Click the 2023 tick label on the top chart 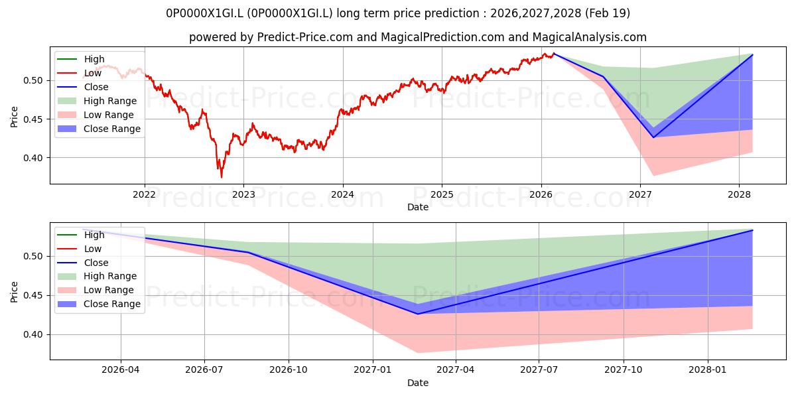coord(243,195)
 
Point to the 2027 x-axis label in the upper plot coord(640,195)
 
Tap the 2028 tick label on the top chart coord(739,195)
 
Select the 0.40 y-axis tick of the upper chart coord(33,158)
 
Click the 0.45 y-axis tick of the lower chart coord(33,296)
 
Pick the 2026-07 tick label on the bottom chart coord(204,370)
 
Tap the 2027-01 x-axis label coord(373,370)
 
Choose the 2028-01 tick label coord(708,370)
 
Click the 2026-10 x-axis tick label coord(289,370)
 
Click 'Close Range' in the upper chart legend coord(112,129)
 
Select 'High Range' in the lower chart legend coord(110,276)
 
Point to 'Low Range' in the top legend coord(108,115)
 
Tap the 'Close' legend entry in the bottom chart coord(96,263)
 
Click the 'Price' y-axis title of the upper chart coord(14,117)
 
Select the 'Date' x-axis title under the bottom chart coord(418,383)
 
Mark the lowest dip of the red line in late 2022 coord(222,177)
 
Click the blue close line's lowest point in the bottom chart coord(418,314)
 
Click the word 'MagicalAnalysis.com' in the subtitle coord(589,37)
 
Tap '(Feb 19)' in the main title coord(608,13)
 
